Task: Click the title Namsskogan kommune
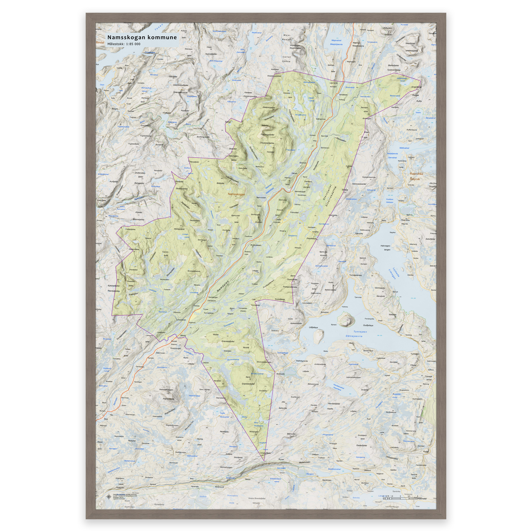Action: (x=142, y=37)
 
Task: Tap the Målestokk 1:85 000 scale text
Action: (x=124, y=44)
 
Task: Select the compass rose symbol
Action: (x=109, y=496)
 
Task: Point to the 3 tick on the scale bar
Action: (x=400, y=496)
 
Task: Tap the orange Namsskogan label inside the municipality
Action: (x=236, y=194)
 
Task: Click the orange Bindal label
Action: (x=100, y=43)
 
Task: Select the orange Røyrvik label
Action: (x=415, y=179)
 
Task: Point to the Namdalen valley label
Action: (x=223, y=286)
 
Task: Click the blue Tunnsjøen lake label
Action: (x=360, y=332)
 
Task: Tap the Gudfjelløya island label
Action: (x=368, y=325)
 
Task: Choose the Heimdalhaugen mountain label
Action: (x=166, y=390)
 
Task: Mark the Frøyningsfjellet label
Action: (x=267, y=135)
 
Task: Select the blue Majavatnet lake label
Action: (x=336, y=41)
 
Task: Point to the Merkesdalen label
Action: (x=304, y=462)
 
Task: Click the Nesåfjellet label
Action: (x=224, y=432)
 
